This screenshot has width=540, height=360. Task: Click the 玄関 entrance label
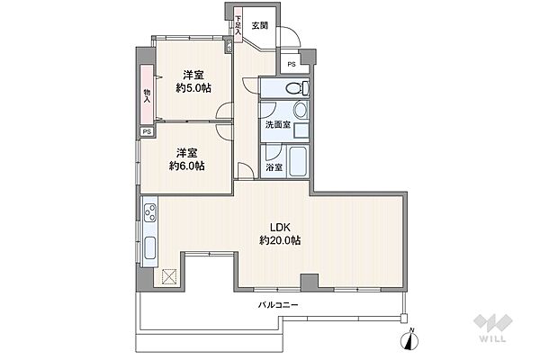point(260,25)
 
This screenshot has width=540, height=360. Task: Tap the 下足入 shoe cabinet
point(238,24)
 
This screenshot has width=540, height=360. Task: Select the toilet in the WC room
point(297,88)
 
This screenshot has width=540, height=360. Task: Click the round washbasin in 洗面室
point(301,110)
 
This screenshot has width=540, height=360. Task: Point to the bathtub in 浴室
point(298,161)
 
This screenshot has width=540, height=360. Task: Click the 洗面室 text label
point(277,125)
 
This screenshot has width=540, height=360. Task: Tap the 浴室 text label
point(274,167)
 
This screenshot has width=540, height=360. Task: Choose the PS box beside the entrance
point(292,64)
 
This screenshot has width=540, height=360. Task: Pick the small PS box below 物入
point(147,131)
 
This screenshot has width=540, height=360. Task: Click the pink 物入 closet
point(147,94)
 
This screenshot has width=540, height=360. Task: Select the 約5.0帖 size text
point(193,88)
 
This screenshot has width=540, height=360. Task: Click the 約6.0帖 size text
point(186,166)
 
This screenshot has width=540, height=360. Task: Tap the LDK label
point(280,228)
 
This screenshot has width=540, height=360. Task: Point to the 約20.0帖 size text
point(280,240)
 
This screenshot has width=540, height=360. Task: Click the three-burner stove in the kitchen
point(150,212)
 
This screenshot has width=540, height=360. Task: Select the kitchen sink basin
point(150,248)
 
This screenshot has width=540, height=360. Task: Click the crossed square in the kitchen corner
point(169,276)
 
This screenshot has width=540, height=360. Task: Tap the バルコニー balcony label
point(278,305)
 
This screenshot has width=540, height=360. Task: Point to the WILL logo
point(493,328)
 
